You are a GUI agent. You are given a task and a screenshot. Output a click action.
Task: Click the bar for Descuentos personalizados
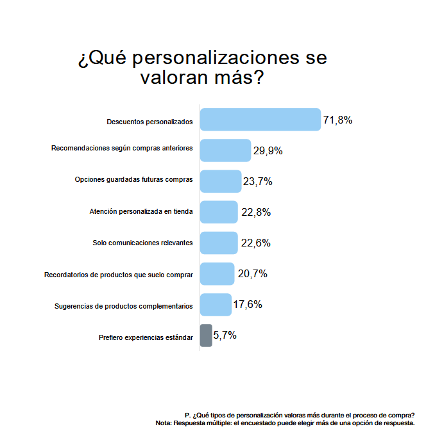260,120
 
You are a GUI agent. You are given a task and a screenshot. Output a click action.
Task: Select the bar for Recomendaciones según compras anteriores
225,150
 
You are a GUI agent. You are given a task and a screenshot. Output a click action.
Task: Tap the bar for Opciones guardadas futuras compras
221,181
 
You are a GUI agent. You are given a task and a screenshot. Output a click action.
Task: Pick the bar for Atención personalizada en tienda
219,212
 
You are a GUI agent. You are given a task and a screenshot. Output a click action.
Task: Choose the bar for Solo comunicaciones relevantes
219,243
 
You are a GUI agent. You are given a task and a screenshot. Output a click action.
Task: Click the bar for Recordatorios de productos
217,274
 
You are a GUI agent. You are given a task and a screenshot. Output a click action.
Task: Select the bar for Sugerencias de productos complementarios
216,305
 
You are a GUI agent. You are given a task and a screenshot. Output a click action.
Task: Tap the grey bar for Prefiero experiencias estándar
206,335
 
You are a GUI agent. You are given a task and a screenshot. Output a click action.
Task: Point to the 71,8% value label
337,120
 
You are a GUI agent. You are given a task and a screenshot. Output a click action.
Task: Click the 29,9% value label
268,151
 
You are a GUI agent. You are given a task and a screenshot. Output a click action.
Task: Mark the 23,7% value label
257,182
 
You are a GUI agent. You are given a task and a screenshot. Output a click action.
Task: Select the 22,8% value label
256,213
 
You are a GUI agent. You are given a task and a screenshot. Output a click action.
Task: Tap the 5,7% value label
225,335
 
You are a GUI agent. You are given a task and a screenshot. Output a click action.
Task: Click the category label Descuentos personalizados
149,122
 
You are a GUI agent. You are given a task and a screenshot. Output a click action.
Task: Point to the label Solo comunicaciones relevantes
142,243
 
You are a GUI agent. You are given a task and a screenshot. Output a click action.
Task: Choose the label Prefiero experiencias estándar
146,337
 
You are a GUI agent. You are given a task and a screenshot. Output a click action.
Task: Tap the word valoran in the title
174,77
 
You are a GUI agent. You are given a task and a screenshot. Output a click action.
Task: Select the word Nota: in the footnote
164,423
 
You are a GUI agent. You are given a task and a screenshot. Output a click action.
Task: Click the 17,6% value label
248,305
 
